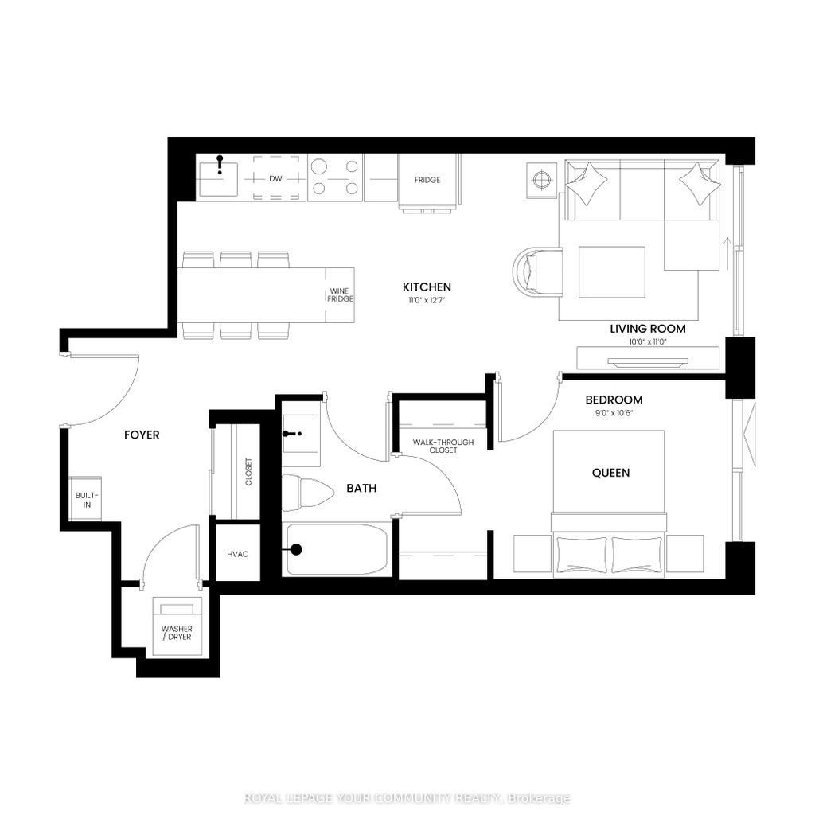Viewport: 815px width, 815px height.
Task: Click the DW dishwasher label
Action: pos(275,179)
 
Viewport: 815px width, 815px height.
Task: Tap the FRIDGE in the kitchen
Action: pos(427,181)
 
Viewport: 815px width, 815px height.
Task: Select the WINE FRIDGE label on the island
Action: pos(340,294)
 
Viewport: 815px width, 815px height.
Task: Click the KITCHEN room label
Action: pos(427,287)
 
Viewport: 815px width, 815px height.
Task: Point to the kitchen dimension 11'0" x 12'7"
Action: pos(427,301)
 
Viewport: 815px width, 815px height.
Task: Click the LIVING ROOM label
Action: pos(647,329)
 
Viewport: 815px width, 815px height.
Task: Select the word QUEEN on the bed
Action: pos(610,473)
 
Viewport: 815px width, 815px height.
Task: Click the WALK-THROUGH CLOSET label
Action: pos(443,446)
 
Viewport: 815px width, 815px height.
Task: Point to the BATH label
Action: pos(361,489)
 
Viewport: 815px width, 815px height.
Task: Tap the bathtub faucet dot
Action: pos(296,548)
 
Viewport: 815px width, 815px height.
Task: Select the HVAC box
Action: pos(238,553)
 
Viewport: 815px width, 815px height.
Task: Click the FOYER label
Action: pos(142,435)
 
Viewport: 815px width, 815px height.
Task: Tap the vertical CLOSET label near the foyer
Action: pos(249,471)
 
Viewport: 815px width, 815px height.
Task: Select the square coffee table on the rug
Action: pos(611,271)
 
